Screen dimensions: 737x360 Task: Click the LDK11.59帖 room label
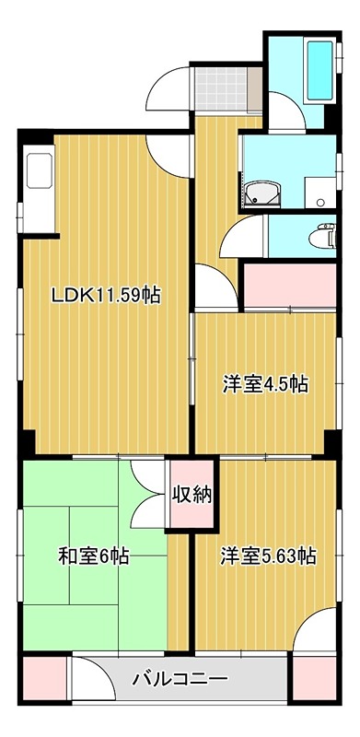pyautogui.click(x=106, y=296)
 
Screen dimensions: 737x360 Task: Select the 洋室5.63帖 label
pyautogui.click(x=268, y=556)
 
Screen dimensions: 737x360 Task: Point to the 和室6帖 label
pyautogui.click(x=94, y=556)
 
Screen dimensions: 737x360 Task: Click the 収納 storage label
pyautogui.click(x=191, y=494)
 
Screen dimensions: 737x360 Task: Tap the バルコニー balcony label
pyautogui.click(x=180, y=681)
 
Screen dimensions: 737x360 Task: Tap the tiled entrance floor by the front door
pyautogui.click(x=220, y=89)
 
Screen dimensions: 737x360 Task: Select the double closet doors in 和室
pyautogui.click(x=147, y=494)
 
